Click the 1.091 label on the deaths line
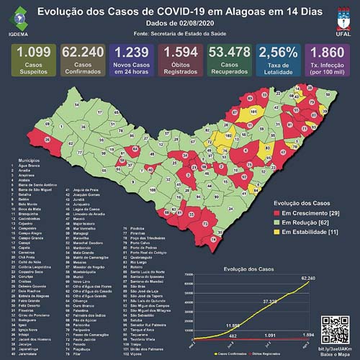(269, 336)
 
